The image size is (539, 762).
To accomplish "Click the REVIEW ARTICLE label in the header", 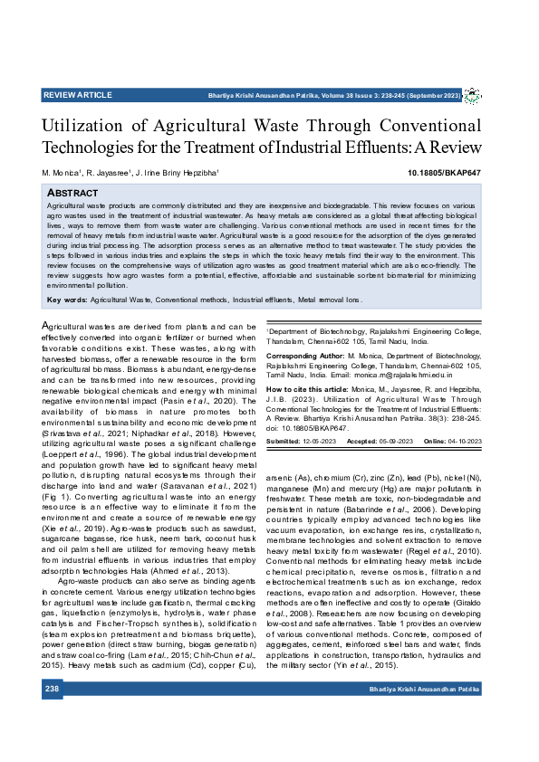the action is click(x=78, y=95).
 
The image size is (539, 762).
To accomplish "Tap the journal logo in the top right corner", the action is click(x=472, y=95).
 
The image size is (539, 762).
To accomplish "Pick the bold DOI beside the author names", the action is click(x=431, y=172).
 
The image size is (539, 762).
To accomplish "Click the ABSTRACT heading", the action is click(x=72, y=193).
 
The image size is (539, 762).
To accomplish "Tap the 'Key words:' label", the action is click(x=67, y=299).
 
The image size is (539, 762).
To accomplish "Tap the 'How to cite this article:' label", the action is click(x=307, y=389).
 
